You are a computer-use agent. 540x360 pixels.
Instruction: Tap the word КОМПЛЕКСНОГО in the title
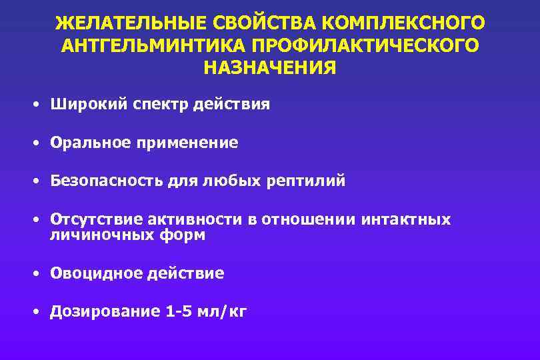click(x=403, y=23)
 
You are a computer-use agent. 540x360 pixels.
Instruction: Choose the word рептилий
click(x=306, y=181)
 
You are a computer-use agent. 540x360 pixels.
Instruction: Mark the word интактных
click(x=406, y=220)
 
